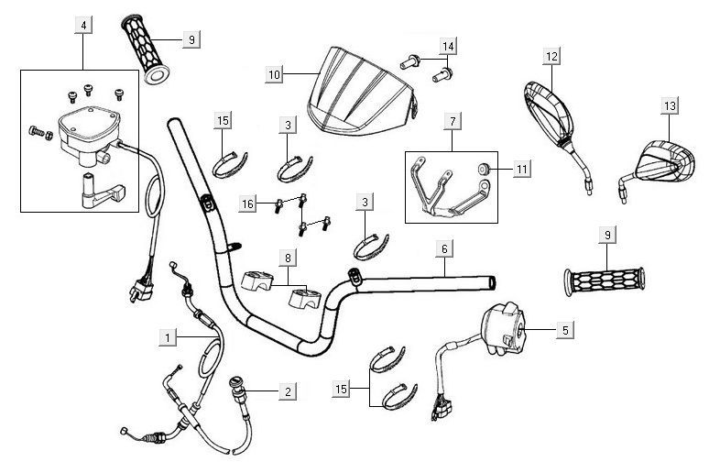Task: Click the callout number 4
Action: [x=83, y=26]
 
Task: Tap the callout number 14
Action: [x=447, y=46]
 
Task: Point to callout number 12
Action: [x=551, y=57]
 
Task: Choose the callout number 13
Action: [x=670, y=107]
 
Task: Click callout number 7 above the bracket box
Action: [x=452, y=120]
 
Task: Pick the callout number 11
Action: [x=521, y=170]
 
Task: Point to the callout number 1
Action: [x=167, y=337]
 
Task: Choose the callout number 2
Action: [x=287, y=391]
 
